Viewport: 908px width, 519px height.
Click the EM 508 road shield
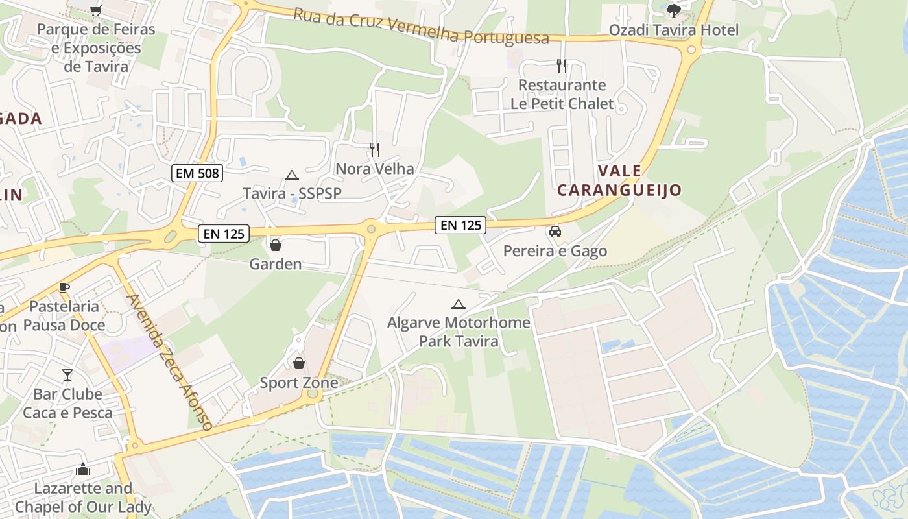198,173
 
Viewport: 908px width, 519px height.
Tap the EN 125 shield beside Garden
224,234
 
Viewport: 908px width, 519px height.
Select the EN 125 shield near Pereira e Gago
460,225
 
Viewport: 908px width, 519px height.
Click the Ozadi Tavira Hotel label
673,30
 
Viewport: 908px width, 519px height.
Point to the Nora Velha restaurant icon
375,150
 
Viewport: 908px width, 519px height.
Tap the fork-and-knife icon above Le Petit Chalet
562,66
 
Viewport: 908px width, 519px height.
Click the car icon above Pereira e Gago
555,232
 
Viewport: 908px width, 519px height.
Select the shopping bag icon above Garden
276,245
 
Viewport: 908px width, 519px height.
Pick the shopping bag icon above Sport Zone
299,363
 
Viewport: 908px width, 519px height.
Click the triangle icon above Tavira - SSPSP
292,175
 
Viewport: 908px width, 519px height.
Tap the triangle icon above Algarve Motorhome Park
459,304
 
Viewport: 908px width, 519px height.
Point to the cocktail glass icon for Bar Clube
67,375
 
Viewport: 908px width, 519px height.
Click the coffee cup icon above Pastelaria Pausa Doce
64,287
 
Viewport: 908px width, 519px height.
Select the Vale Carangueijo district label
619,180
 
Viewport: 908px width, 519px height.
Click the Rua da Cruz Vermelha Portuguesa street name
421,26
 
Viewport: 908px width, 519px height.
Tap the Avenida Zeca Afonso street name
170,363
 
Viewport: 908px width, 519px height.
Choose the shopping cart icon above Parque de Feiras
96,10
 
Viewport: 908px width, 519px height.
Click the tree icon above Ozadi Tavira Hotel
674,10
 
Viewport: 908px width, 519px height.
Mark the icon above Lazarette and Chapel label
83,469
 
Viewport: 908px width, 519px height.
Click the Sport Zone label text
299,383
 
